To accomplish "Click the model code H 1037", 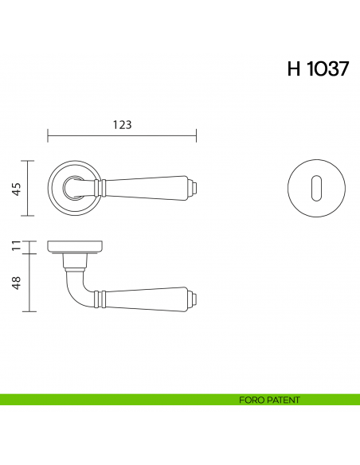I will click(317, 69).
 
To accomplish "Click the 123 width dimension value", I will click(122, 124).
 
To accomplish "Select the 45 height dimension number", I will click(16, 189).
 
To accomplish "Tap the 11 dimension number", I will click(16, 246).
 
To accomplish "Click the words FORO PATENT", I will click(269, 400).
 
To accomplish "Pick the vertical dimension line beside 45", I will click(29, 189).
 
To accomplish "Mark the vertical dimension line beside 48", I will click(29, 282).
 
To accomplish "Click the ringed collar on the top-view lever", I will click(100, 188).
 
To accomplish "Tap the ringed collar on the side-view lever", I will click(100, 300).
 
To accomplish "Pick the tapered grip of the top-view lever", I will click(147, 188).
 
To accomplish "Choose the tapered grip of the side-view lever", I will click(147, 300).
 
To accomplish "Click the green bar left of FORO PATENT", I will click(112, 400).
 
